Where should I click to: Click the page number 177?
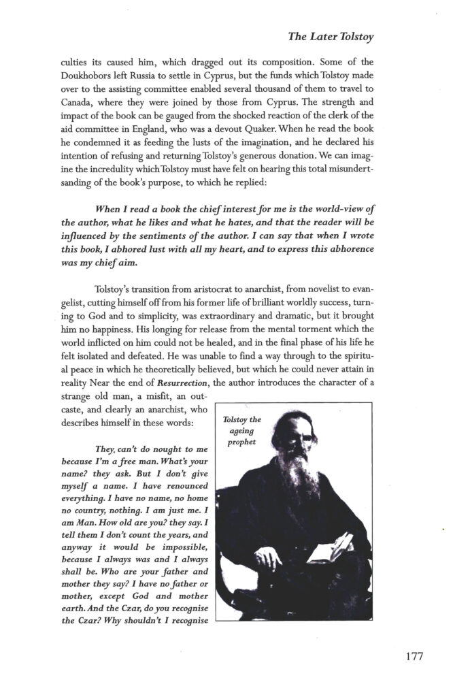[409, 658]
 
